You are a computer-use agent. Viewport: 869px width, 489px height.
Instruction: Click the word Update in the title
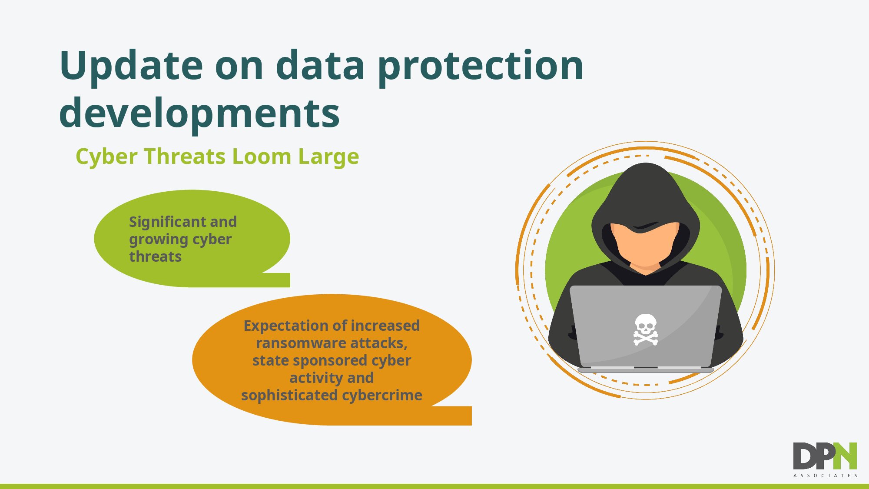point(131,67)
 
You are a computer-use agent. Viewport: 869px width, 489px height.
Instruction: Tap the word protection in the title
point(481,67)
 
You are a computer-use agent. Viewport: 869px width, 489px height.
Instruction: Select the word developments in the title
point(199,114)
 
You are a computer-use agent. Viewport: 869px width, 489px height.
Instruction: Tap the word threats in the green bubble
point(155,256)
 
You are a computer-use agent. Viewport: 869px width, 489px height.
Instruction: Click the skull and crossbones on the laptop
point(646,330)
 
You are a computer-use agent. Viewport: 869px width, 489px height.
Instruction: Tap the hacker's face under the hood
point(645,245)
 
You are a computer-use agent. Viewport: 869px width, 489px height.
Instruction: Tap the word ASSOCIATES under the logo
point(825,476)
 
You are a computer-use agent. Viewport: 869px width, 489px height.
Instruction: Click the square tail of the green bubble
point(277,280)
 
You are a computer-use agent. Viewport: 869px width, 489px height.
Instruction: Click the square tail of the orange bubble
point(452,416)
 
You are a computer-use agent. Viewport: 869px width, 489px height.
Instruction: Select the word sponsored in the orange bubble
point(331,361)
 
